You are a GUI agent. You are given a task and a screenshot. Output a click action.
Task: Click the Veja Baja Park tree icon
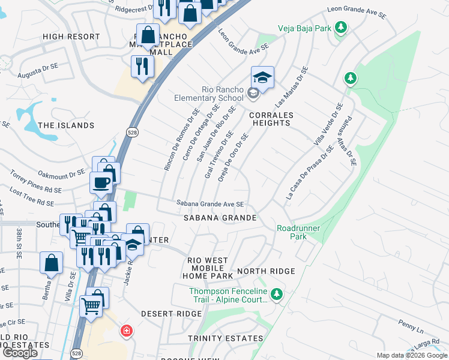tap(341, 28)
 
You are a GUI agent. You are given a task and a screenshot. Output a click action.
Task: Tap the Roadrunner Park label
tap(298, 232)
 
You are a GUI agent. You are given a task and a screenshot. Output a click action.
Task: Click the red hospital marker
tap(126, 331)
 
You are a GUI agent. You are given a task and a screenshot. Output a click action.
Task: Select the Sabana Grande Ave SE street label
tap(210, 204)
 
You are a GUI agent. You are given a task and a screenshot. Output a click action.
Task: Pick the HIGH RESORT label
tap(71, 37)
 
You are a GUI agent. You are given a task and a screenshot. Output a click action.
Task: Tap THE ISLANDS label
tap(66, 125)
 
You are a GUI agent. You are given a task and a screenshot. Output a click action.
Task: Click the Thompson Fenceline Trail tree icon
tap(276, 294)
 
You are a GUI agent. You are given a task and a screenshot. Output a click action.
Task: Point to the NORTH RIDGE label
tap(266, 271)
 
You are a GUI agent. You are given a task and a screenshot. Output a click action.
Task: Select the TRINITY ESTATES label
tap(225, 338)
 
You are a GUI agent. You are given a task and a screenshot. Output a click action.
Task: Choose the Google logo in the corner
tap(20, 353)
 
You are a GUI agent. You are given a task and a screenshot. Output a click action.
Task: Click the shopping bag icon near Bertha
tap(52, 263)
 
